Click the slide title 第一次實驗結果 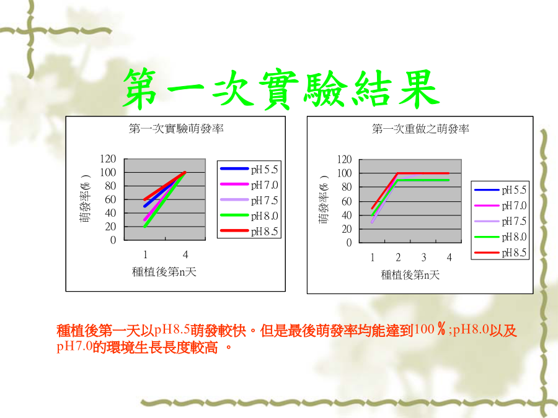point(281,89)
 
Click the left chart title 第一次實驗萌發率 point(176,128)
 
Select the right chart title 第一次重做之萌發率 point(420,129)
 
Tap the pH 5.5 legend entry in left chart point(249,169)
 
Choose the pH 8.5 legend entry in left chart point(249,232)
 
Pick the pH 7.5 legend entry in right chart point(500,222)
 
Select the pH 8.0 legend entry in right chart point(500,237)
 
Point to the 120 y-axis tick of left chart point(108,159)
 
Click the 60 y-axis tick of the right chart point(346,201)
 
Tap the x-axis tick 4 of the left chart point(185,255)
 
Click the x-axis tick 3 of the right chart point(423,257)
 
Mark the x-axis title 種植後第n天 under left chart point(164,272)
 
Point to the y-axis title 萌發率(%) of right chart point(324,200)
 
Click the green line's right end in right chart point(449,180)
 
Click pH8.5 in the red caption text point(172,330)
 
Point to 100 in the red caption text point(424,329)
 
